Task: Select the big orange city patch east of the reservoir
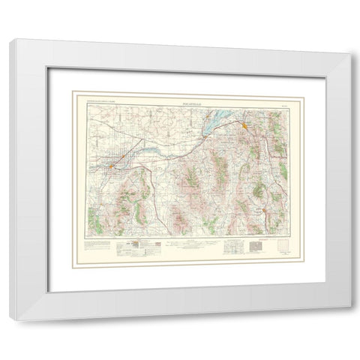tap(247, 126)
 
